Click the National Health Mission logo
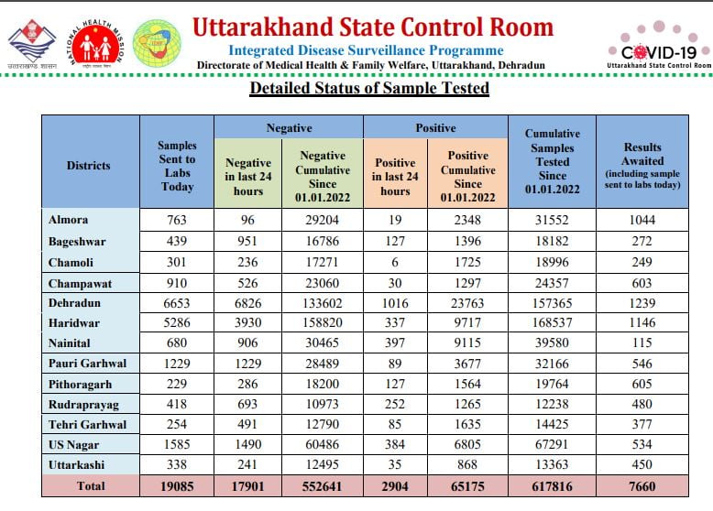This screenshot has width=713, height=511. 96,44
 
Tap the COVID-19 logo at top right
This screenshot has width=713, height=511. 659,47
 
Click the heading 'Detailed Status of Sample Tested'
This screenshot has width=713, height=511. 369,88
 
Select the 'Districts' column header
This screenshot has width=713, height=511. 89,166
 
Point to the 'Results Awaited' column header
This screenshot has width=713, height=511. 642,166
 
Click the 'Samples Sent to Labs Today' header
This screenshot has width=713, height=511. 177,166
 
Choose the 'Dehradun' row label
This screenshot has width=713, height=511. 74,303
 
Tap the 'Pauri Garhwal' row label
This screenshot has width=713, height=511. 87,364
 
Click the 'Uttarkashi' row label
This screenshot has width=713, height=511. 76,464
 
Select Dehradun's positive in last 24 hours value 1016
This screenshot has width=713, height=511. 395,303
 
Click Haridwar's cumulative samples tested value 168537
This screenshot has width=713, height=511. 552,323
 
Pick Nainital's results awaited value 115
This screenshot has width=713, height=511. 642,342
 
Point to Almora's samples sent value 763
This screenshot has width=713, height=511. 177,220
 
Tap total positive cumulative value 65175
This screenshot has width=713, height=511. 467,486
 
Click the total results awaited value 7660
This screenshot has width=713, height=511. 642,486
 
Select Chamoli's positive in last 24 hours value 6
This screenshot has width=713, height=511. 395,262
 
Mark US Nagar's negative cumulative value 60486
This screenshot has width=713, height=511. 322,444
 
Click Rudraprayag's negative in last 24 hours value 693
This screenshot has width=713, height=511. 247,404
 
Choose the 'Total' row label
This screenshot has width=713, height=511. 91,486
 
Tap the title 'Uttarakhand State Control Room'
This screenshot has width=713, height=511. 373,27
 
